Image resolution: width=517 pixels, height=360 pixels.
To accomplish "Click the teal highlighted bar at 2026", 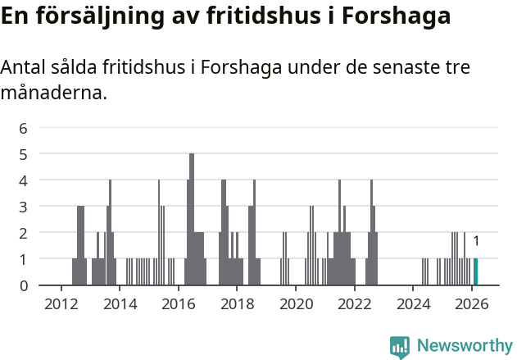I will (x=475, y=271).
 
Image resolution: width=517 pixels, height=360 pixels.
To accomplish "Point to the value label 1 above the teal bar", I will (x=476, y=241).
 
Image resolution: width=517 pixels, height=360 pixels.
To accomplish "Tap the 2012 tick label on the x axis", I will (x=61, y=303).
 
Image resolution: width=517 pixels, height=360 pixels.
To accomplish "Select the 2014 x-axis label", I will (x=120, y=303).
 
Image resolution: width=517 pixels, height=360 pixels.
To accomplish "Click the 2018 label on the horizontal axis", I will (x=237, y=303).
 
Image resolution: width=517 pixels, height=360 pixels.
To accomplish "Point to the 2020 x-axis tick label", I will (x=296, y=303).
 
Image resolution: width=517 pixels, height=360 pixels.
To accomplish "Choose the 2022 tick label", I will (x=355, y=303).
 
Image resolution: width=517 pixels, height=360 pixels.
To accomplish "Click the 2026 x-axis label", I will (x=472, y=303).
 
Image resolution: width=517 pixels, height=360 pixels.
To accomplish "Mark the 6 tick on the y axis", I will (x=24, y=128).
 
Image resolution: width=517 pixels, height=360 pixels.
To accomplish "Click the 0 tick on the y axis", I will (x=24, y=285).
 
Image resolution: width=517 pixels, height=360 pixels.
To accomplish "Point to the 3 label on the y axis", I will (x=24, y=207).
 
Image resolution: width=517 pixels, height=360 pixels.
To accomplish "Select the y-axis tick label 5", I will (x=24, y=154).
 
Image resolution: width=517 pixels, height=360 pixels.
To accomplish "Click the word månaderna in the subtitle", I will (x=53, y=93).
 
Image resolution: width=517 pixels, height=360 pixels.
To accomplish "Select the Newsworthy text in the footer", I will (x=465, y=345).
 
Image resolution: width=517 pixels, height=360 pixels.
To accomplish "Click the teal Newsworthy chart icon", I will (x=400, y=346).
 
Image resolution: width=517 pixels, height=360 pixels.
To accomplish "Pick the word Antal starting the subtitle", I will (x=25, y=67).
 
